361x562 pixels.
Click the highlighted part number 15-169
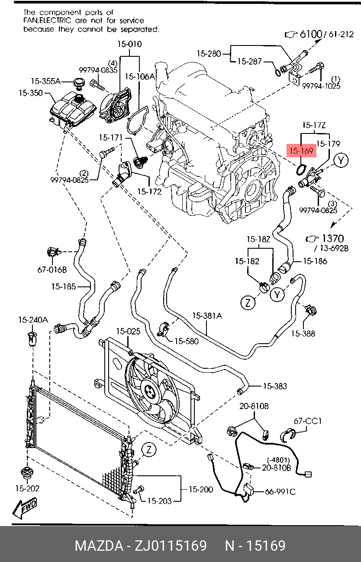pyautogui.click(x=301, y=151)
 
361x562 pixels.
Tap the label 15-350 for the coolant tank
pyautogui.click(x=31, y=93)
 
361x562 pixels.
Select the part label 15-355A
pyautogui.click(x=45, y=81)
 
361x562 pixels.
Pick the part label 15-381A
pyautogui.click(x=207, y=316)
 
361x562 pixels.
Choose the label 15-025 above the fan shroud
pyautogui.click(x=128, y=331)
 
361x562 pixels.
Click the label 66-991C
pyautogui.click(x=280, y=491)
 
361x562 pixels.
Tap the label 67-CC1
pyautogui.click(x=308, y=421)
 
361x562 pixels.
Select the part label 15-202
pyautogui.click(x=27, y=488)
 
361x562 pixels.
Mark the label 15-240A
pyautogui.click(x=33, y=320)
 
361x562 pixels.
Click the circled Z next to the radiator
pyautogui.click(x=148, y=450)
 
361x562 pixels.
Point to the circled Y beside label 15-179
pyautogui.click(x=342, y=161)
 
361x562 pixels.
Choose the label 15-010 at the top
pyautogui.click(x=129, y=44)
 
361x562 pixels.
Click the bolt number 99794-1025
pyautogui.click(x=321, y=86)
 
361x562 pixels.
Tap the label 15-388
pyautogui.click(x=303, y=333)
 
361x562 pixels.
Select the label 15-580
pyautogui.click(x=186, y=341)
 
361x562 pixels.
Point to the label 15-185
pyautogui.click(x=64, y=286)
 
